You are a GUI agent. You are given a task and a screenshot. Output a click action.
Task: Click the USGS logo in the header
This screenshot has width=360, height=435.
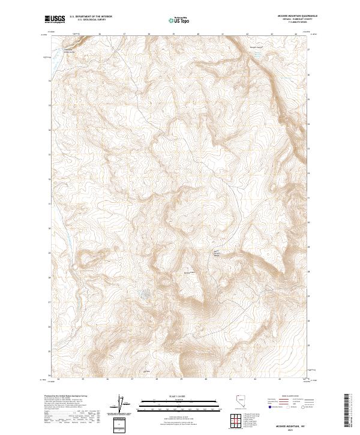[55, 20]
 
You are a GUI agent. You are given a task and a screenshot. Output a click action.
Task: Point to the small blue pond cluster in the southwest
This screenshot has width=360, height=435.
[143, 294]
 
